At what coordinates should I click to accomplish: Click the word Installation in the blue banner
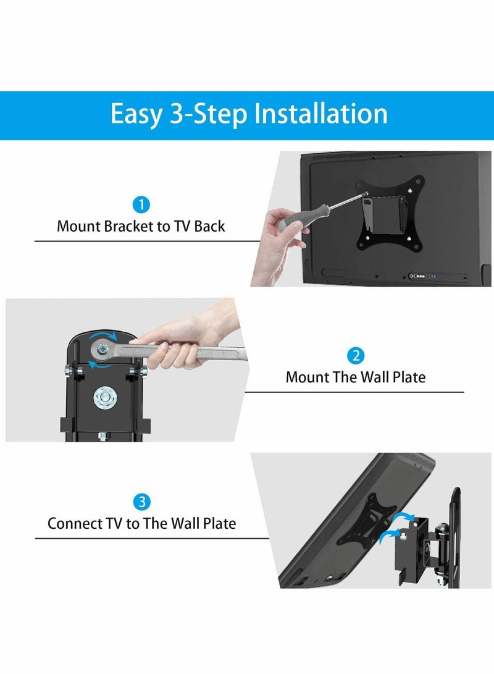pyautogui.click(x=321, y=115)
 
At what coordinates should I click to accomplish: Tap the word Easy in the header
pyautogui.click(x=134, y=115)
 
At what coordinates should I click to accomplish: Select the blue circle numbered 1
pyautogui.click(x=141, y=204)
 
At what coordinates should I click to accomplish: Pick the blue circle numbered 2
pyautogui.click(x=356, y=356)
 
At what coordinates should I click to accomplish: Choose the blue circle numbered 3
pyautogui.click(x=142, y=502)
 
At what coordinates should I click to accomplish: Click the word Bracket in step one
pyautogui.click(x=128, y=226)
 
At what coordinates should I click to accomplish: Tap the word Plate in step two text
pyautogui.click(x=409, y=377)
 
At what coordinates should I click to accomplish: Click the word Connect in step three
pyautogui.click(x=73, y=523)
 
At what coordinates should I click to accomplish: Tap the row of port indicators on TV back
pyautogui.click(x=424, y=277)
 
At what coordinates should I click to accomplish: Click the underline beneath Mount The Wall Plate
pyautogui.click(x=354, y=392)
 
